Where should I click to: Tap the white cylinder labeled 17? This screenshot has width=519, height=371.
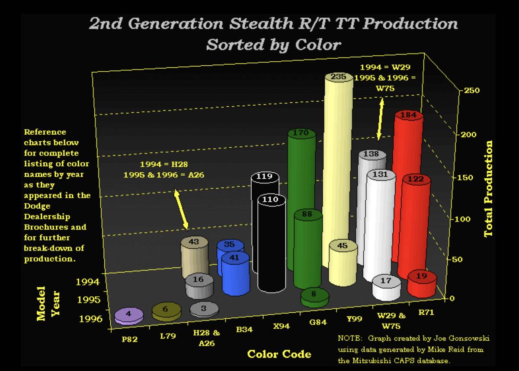386,287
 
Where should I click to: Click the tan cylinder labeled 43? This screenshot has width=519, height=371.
194,255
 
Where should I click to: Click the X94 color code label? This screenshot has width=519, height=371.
281,326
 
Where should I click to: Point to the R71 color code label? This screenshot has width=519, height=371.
426,312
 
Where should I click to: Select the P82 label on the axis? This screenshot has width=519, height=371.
129,339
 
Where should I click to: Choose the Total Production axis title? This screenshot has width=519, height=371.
489,189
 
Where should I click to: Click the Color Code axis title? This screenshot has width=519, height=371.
279,355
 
